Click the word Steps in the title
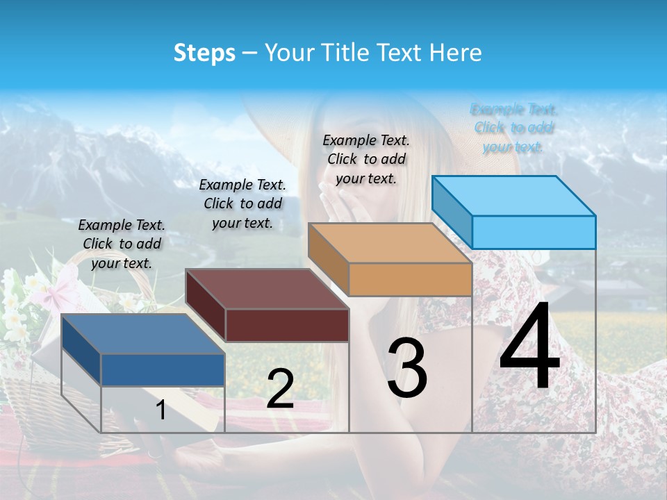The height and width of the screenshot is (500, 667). coord(204,53)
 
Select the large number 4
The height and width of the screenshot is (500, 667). coord(529,347)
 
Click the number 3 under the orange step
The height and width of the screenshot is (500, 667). coord(407,368)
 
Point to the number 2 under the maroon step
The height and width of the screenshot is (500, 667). coord(280,389)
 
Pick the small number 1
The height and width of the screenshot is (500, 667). coord(161,410)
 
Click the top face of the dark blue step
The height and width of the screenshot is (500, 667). coord(142,334)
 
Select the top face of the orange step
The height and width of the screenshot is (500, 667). coord(389,243)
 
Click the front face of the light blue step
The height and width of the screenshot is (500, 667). coord(534,232)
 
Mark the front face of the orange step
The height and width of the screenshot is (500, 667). coord(410,279)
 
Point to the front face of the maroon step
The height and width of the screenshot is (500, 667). coord(287,325)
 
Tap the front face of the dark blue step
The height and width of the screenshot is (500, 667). coord(163,369)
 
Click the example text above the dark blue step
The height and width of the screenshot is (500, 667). coord(122,244)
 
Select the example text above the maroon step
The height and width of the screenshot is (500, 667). coord(242,203)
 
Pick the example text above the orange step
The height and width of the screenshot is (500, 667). coord(366,159)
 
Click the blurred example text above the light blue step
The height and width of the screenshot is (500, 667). coord(513,128)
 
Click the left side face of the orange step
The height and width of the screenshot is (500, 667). coord(328,258)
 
